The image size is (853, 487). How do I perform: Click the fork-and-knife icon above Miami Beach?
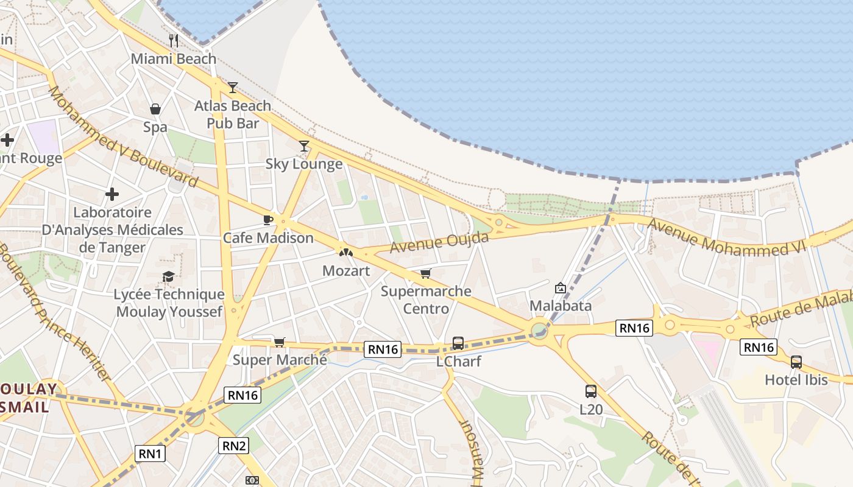[174, 41]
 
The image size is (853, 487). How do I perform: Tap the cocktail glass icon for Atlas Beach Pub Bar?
[232, 88]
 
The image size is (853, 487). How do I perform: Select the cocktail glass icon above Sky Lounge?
[304, 146]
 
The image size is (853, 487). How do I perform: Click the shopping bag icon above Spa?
[155, 109]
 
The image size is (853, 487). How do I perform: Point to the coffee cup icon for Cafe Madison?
[267, 220]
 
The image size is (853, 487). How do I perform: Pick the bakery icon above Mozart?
[345, 252]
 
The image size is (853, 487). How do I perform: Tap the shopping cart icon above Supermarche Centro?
[425, 274]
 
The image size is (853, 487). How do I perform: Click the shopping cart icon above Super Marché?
[279, 342]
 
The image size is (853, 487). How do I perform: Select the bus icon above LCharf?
[458, 343]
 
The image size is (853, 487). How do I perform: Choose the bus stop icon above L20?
[590, 391]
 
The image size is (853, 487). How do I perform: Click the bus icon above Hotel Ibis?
[796, 362]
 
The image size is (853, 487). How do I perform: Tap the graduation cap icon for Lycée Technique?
[169, 277]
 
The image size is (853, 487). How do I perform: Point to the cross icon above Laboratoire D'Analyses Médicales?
[112, 195]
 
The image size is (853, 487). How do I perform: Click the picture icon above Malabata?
[560, 288]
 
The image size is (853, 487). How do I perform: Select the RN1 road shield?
[150, 454]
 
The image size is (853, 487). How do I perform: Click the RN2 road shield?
[234, 446]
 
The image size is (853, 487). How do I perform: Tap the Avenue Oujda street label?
[439, 242]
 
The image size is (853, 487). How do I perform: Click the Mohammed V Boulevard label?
[123, 136]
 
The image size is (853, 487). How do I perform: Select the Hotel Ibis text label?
[796, 380]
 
